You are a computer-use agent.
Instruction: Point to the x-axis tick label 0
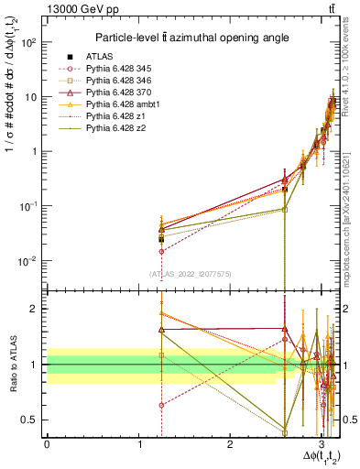[x=47, y=444]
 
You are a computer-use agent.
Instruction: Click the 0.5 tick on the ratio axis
[x=33, y=420]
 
